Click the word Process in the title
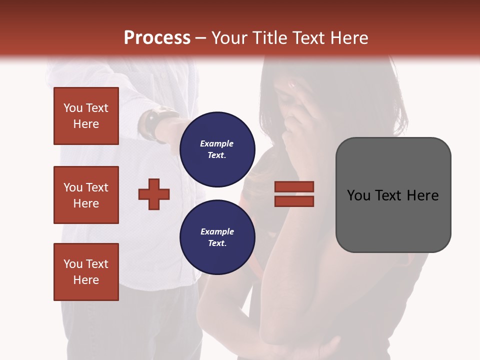tap(157, 38)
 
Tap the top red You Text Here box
tap(86, 116)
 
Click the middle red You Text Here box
tap(86, 195)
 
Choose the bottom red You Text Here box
tap(86, 271)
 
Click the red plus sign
tap(154, 194)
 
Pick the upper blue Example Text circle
tap(217, 149)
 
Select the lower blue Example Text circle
tap(217, 237)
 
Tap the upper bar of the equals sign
tap(294, 186)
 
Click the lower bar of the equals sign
tap(294, 201)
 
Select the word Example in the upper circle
tap(217, 143)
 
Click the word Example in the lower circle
tap(217, 231)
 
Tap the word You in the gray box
tap(359, 195)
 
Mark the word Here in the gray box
tap(423, 195)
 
